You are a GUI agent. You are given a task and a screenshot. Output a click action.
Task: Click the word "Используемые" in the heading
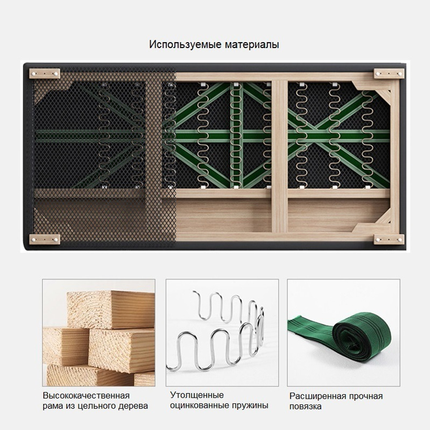(185, 44)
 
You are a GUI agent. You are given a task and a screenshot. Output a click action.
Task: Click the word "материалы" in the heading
(252, 44)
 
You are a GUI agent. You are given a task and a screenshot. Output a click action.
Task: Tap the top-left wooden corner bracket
(44, 74)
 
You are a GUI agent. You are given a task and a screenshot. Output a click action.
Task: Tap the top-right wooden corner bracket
(389, 74)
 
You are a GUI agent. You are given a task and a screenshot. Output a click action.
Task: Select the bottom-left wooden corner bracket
(44, 240)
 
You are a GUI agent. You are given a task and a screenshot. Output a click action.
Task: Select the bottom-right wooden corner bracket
(389, 240)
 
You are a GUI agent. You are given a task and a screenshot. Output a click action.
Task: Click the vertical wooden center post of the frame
(279, 157)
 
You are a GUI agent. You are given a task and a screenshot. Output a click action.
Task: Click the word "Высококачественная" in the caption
(86, 396)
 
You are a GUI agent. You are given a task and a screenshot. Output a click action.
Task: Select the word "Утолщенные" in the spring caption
(197, 395)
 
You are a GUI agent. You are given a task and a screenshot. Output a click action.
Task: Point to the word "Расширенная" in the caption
(318, 396)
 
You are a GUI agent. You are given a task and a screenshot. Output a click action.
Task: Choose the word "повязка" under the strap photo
(305, 406)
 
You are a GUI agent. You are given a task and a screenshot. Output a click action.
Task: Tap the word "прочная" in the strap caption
(366, 396)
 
